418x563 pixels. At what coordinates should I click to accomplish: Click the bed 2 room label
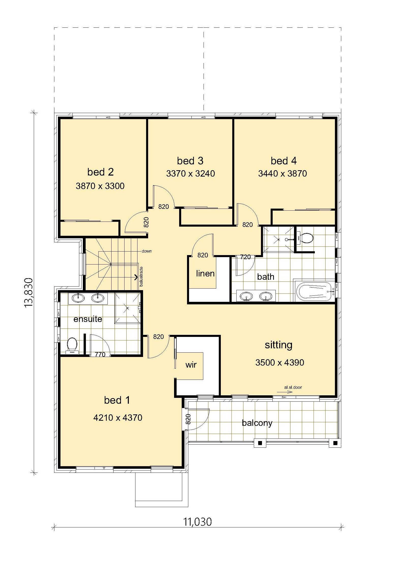[100, 172]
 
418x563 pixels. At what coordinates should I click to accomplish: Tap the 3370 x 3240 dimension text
[191, 174]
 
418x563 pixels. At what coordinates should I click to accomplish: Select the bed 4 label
[284, 161]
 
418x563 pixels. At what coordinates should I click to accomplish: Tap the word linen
[205, 273]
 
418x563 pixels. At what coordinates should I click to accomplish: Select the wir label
[191, 365]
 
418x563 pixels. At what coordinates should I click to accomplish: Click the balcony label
[257, 423]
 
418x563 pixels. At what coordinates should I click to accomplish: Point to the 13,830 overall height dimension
[29, 293]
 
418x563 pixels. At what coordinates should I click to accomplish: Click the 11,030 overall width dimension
[197, 522]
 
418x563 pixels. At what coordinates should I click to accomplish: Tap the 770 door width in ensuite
[100, 354]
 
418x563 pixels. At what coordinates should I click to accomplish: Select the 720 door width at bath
[245, 257]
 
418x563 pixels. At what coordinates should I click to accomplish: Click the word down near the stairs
[147, 251]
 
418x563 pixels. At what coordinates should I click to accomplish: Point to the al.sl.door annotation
[293, 387]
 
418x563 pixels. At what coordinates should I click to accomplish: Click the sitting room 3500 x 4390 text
[280, 363]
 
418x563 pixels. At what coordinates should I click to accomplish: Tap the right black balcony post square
[335, 443]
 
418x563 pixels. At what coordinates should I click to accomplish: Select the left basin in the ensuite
[78, 298]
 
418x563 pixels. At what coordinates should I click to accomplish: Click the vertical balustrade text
[141, 276]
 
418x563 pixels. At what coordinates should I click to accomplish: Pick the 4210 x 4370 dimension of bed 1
[118, 418]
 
